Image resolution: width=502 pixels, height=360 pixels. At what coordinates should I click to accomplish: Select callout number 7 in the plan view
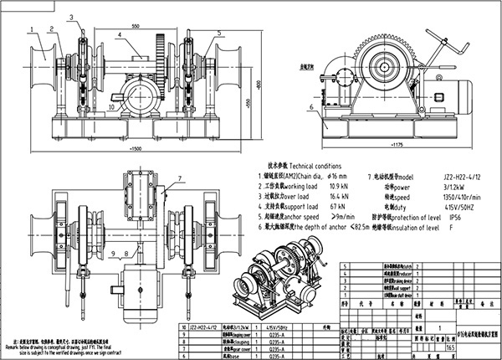(178, 179)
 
